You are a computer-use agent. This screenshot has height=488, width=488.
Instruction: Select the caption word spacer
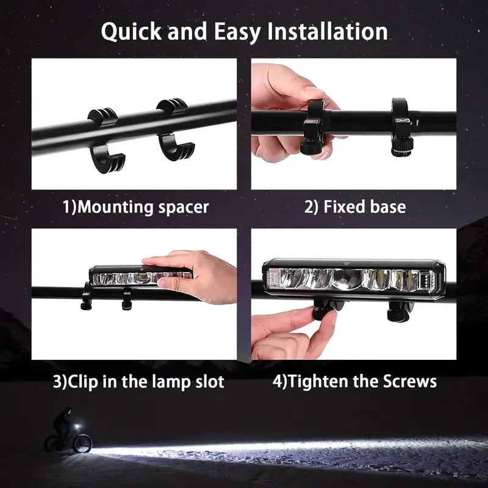click(182, 207)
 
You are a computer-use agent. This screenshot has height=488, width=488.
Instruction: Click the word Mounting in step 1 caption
click(113, 207)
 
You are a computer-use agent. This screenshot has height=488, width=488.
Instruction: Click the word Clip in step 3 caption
click(84, 382)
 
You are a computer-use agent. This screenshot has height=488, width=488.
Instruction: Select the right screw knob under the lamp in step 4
click(397, 312)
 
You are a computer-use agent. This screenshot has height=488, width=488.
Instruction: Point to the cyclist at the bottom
click(63, 431)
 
